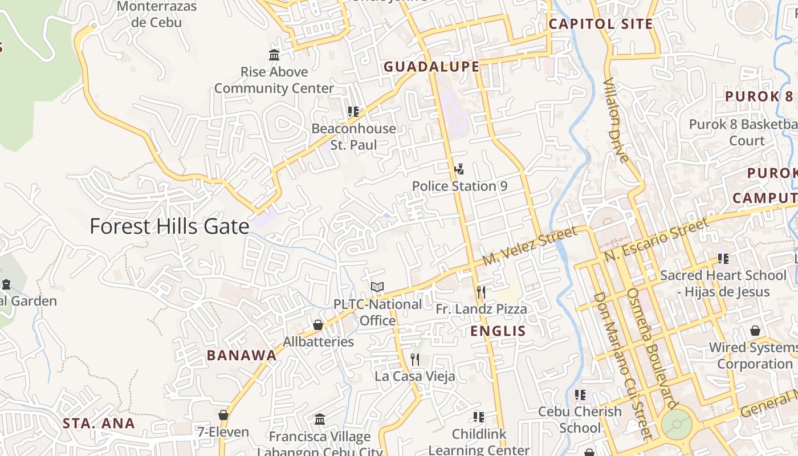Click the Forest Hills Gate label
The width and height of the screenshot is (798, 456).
click(169, 227)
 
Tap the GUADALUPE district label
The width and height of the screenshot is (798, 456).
click(431, 67)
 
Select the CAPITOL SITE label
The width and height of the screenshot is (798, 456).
click(600, 24)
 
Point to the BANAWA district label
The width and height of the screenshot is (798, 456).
click(242, 356)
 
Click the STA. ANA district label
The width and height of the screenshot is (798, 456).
click(99, 424)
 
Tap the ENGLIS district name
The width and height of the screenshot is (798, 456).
click(498, 331)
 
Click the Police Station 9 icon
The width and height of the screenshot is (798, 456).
click(459, 169)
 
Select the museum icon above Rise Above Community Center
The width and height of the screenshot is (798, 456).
click(274, 55)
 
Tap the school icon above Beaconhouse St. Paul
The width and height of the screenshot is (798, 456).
click(353, 112)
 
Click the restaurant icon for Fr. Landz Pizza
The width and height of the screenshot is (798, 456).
click(481, 292)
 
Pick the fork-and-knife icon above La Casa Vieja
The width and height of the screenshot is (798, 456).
click(415, 360)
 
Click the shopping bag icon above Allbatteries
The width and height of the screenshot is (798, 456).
click(318, 325)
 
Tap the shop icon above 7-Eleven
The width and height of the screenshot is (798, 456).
click(223, 415)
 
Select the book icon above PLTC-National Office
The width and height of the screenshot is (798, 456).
click(377, 287)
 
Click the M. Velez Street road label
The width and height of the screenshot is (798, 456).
click(529, 246)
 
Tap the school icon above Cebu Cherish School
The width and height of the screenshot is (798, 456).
click(580, 394)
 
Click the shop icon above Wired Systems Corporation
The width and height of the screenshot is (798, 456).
click(755, 331)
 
